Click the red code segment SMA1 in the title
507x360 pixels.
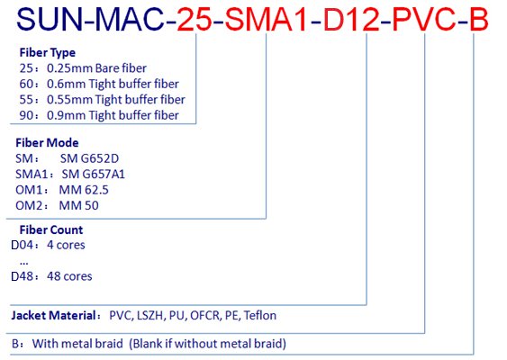coord(266,20)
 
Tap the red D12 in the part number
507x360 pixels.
coord(351,20)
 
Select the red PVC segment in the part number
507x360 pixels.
coord(425,20)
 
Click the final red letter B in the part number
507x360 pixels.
coord(479,20)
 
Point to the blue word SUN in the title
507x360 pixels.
coord(50,20)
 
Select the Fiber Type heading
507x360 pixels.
coord(47,52)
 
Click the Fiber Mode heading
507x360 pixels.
coord(47,142)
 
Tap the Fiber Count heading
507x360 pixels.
coord(51,229)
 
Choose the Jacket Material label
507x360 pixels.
coord(53,315)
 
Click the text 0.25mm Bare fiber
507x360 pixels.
coord(96,68)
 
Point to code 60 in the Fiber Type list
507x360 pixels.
coord(26,84)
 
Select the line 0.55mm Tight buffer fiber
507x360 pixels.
coord(116,100)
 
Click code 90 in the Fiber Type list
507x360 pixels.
coord(26,115)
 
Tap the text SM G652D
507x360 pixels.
coord(89,158)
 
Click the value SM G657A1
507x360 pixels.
coord(93,175)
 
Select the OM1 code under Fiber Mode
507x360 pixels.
coord(29,190)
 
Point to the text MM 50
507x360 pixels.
coord(78,205)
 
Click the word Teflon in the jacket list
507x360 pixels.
coord(260,315)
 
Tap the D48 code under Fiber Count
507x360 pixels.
coord(23,276)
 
